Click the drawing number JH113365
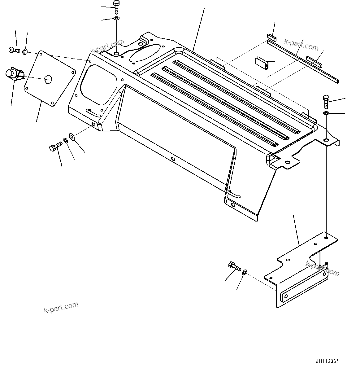pyautogui.click(x=327, y=361)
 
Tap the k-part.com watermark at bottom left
pyautogui.click(x=61, y=308)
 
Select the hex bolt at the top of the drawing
pyautogui.click(x=116, y=7)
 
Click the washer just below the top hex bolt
pyautogui.click(x=116, y=19)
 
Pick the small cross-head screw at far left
pyautogui.click(x=14, y=50)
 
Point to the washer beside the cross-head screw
pyautogui.click(x=25, y=51)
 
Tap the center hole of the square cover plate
pyautogui.click(x=47, y=79)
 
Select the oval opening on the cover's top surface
pyautogui.click(x=145, y=52)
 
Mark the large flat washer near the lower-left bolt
pyautogui.click(x=72, y=136)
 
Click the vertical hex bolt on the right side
pyautogui.click(x=326, y=102)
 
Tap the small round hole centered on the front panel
pyautogui.click(x=173, y=159)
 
